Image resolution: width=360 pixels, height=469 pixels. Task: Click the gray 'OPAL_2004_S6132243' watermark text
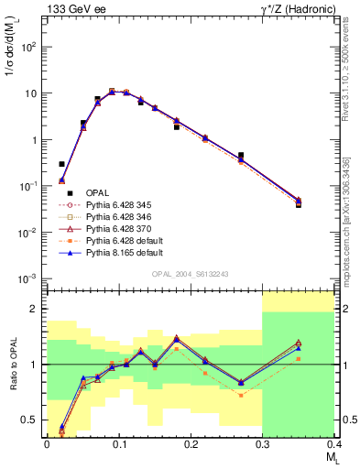coord(190,275)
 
